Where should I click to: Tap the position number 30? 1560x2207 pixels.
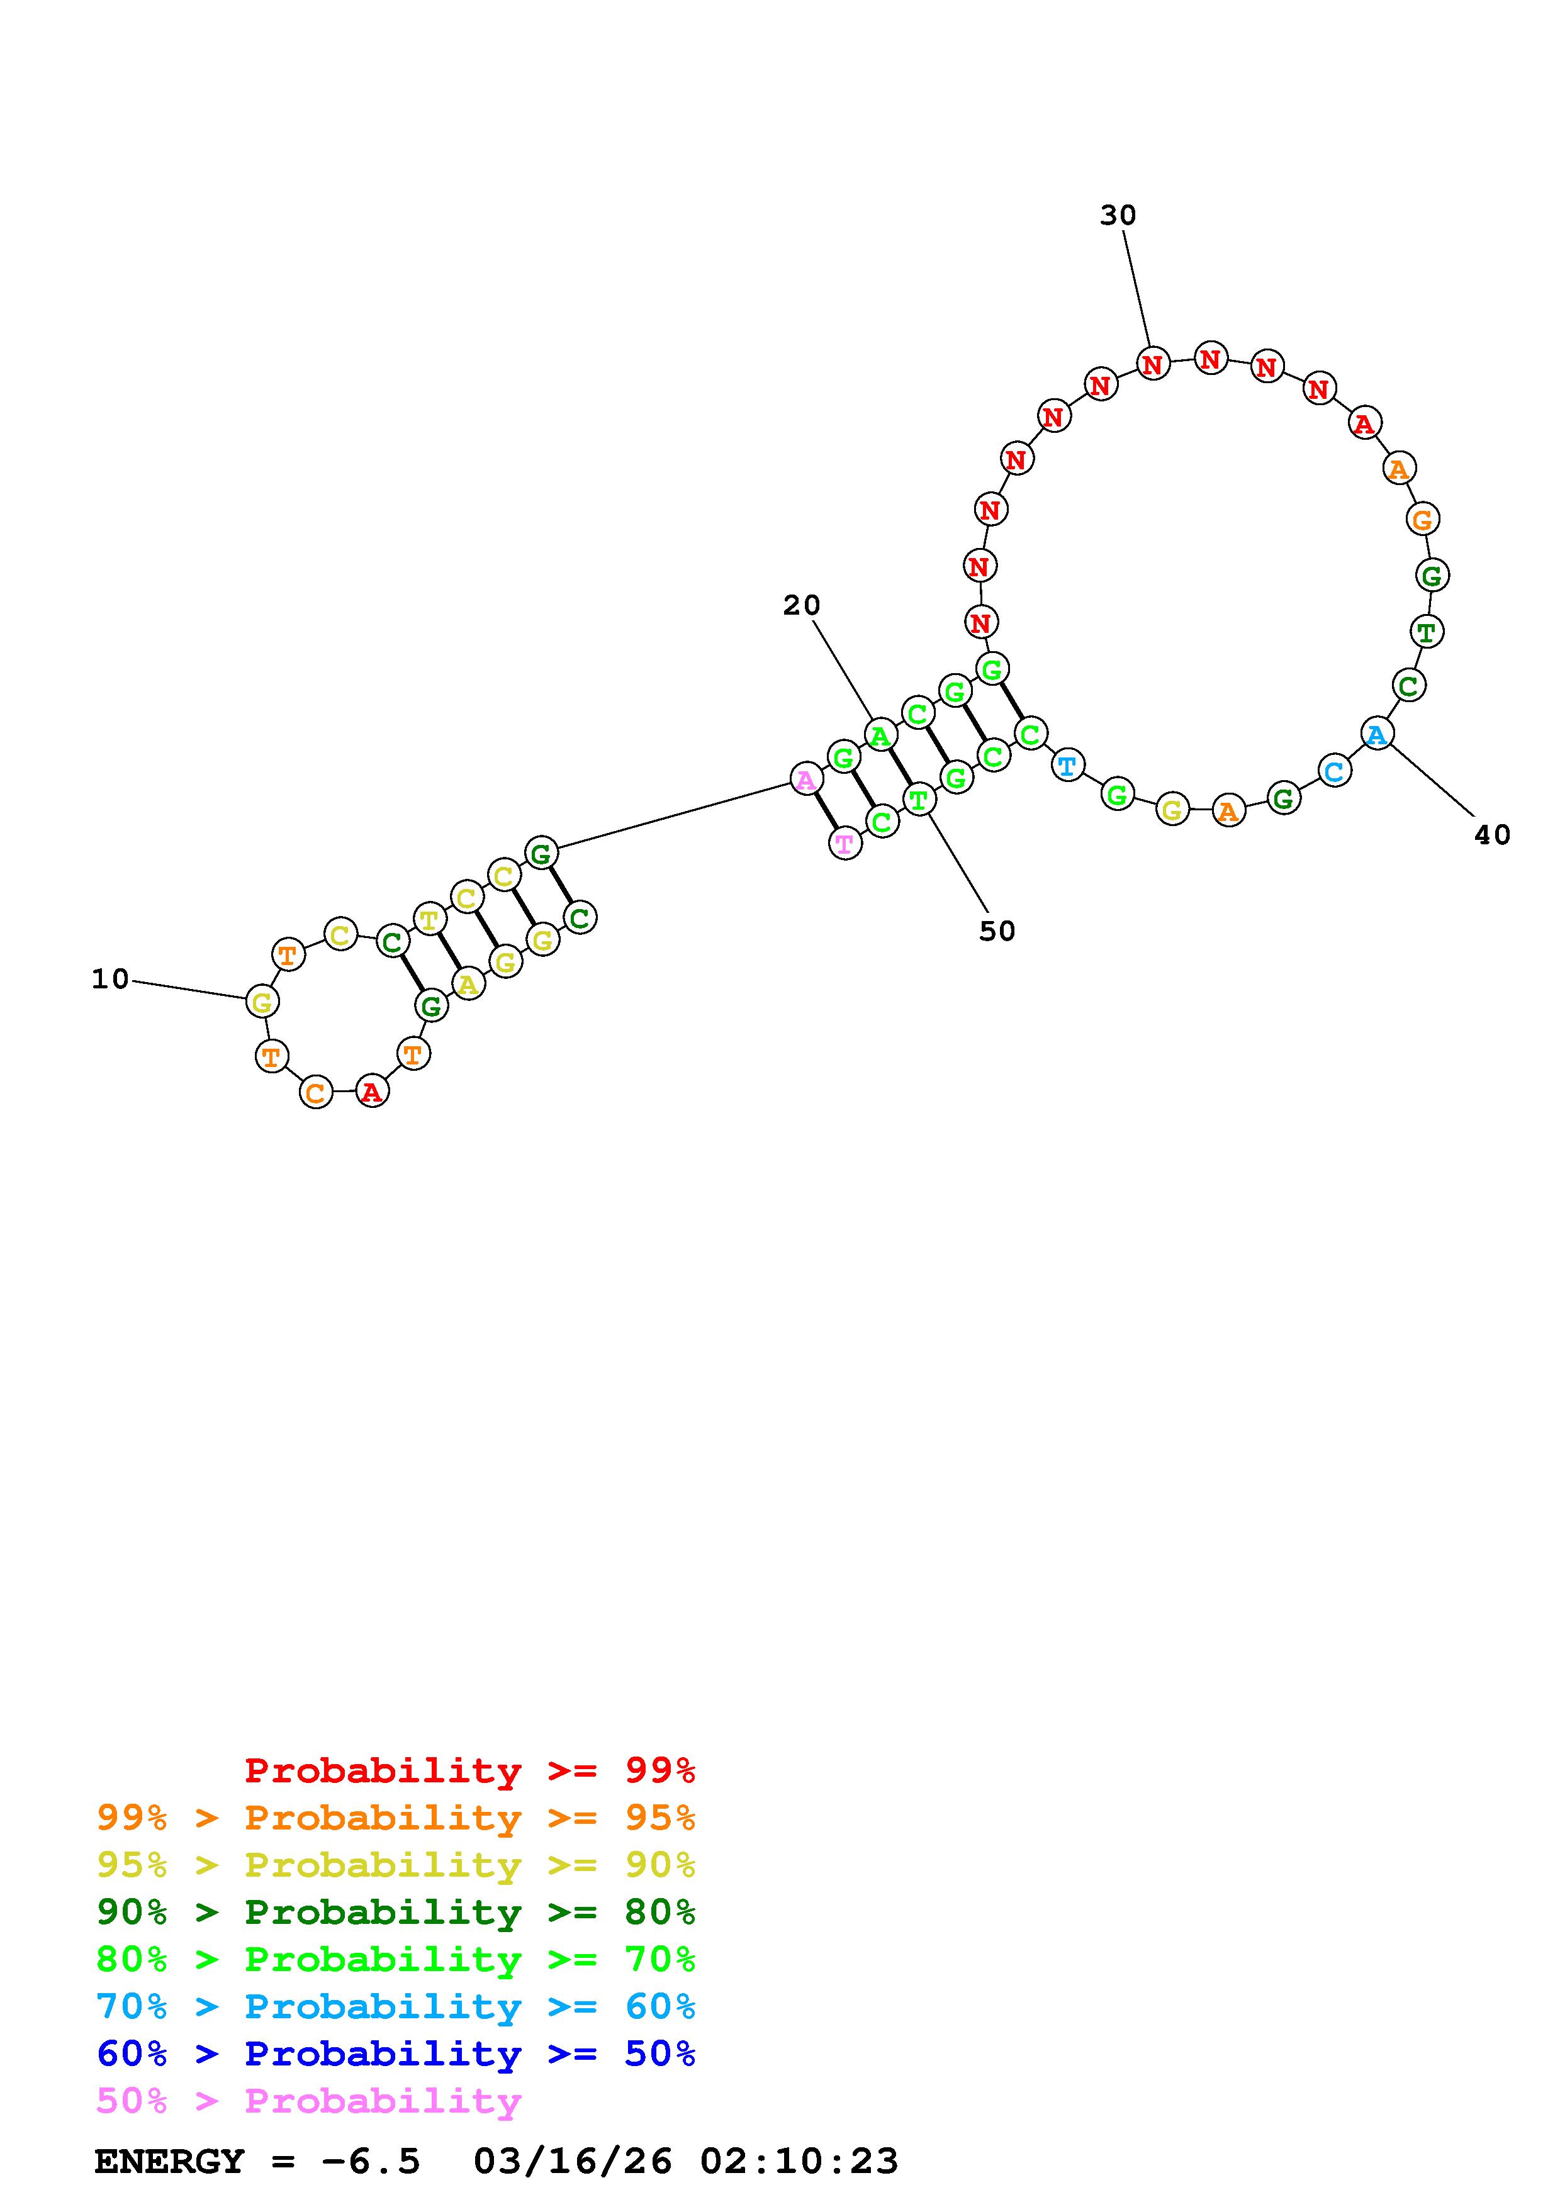pyautogui.click(x=1118, y=215)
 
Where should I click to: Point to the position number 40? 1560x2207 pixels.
pyautogui.click(x=1492, y=835)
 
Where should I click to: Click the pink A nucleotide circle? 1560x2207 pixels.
pyautogui.click(x=805, y=779)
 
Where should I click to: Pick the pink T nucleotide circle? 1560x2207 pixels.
pyautogui.click(x=845, y=844)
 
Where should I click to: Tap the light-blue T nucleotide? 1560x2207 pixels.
pyautogui.click(x=1067, y=766)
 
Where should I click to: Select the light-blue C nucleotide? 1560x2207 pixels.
pyautogui.click(x=1333, y=771)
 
